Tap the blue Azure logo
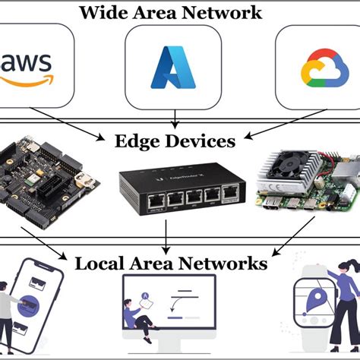pos(175,67)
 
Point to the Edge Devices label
pos(175,141)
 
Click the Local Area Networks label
pos(171,264)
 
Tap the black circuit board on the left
pos(50,182)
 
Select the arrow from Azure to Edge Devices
pos(175,118)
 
